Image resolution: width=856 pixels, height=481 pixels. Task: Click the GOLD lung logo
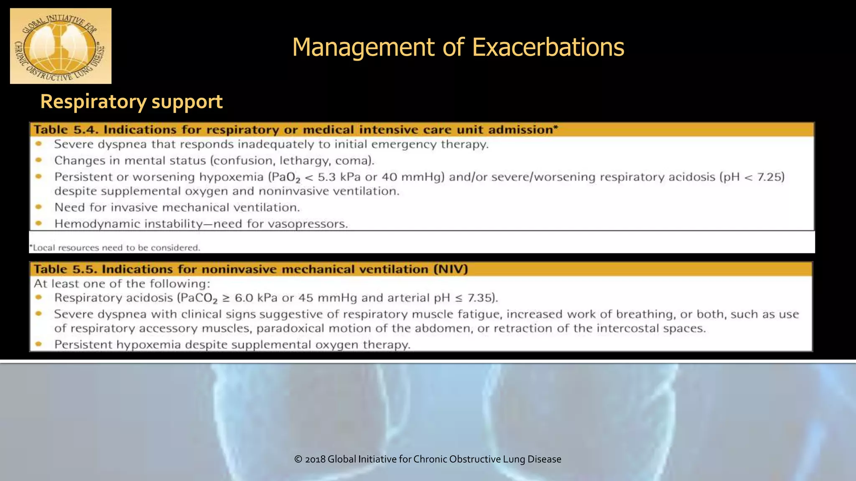pos(61,46)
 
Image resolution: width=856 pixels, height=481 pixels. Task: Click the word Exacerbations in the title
pos(548,47)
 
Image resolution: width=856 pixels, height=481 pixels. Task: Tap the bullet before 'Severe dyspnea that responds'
pos(39,144)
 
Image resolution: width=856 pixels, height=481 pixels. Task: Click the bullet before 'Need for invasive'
pos(39,207)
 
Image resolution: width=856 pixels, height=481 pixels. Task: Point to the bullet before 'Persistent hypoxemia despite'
pos(39,344)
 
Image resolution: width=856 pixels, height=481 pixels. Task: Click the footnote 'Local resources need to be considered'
pos(115,248)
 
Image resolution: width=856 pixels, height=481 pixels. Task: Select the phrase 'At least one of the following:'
pos(122,284)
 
